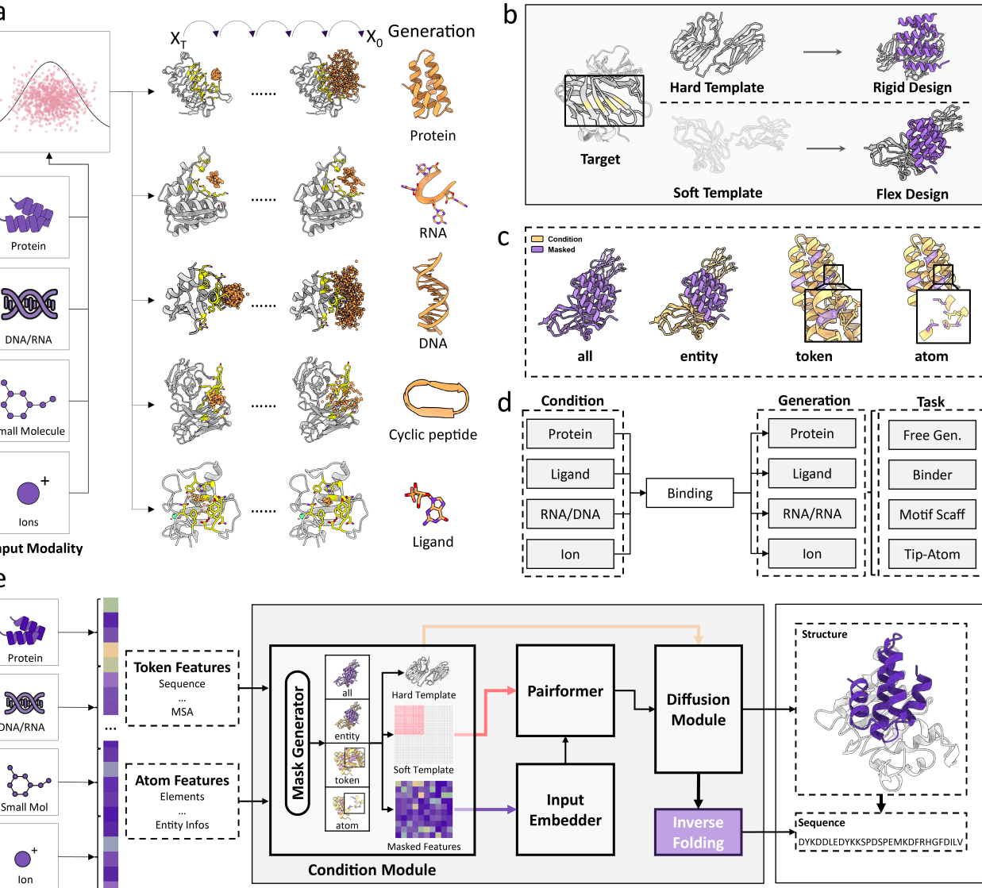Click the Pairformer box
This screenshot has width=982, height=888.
(565, 691)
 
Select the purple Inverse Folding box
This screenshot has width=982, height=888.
(698, 832)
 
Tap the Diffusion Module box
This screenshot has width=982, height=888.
(698, 709)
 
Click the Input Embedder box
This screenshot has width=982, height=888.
(565, 809)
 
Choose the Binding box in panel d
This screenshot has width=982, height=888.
(689, 493)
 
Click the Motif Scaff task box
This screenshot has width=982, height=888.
(932, 514)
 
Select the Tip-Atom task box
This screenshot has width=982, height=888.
(932, 554)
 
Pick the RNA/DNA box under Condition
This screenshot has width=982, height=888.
(570, 514)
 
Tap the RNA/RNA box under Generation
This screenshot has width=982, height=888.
(811, 513)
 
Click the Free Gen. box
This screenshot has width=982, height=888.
(932, 435)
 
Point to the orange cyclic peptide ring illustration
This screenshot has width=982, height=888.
(436, 398)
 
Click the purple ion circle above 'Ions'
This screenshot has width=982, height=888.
(28, 493)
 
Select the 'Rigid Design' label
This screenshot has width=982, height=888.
(912, 87)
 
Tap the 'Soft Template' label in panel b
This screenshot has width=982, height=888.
(718, 193)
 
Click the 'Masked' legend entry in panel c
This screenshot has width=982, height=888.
(560, 250)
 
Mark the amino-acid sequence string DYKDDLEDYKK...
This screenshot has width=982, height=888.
(880, 842)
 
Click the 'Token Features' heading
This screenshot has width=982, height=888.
(182, 667)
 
